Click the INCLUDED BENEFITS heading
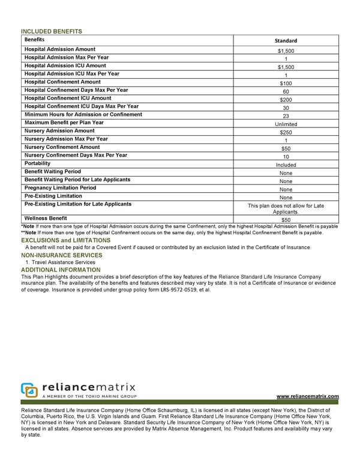(51, 31)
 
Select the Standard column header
(286, 41)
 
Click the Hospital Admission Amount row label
(59, 49)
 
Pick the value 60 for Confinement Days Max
(286, 92)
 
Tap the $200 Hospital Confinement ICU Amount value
(286, 100)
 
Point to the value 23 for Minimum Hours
(286, 116)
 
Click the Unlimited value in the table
(286, 124)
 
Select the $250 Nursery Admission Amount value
(286, 133)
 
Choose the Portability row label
(37, 163)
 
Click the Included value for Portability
(286, 165)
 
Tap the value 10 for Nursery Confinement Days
(286, 157)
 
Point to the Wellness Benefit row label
(46, 218)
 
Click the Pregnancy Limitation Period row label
(60, 188)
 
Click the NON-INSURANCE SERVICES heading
(62, 255)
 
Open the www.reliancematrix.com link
(307, 396)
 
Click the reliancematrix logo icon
(29, 390)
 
